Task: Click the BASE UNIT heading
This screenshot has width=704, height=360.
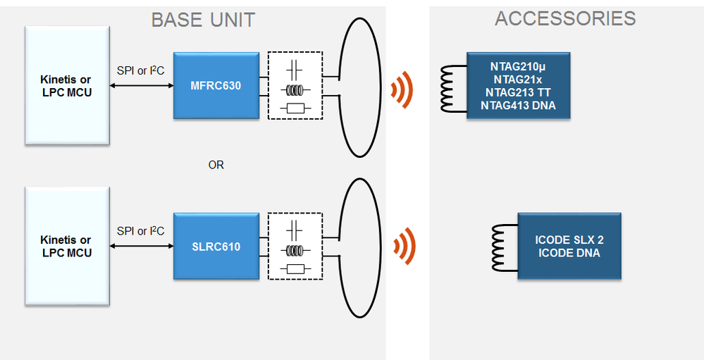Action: point(203,20)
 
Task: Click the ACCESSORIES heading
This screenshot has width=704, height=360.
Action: point(565,18)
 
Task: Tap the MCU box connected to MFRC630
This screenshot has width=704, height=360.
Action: point(66,86)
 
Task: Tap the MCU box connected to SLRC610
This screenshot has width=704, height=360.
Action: point(66,247)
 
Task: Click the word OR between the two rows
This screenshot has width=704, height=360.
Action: point(216,165)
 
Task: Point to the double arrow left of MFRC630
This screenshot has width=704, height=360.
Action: point(141,85)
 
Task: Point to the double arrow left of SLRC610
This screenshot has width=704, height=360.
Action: point(141,247)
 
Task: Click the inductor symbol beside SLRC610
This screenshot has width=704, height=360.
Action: point(295,249)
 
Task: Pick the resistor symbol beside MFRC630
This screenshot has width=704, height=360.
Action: point(295,108)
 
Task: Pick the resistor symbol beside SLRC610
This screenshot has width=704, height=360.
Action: point(295,268)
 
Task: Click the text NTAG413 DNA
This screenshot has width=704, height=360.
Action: point(518,106)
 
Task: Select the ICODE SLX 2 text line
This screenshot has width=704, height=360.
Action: point(569,240)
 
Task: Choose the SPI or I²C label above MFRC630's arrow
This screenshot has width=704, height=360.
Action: point(141,71)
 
